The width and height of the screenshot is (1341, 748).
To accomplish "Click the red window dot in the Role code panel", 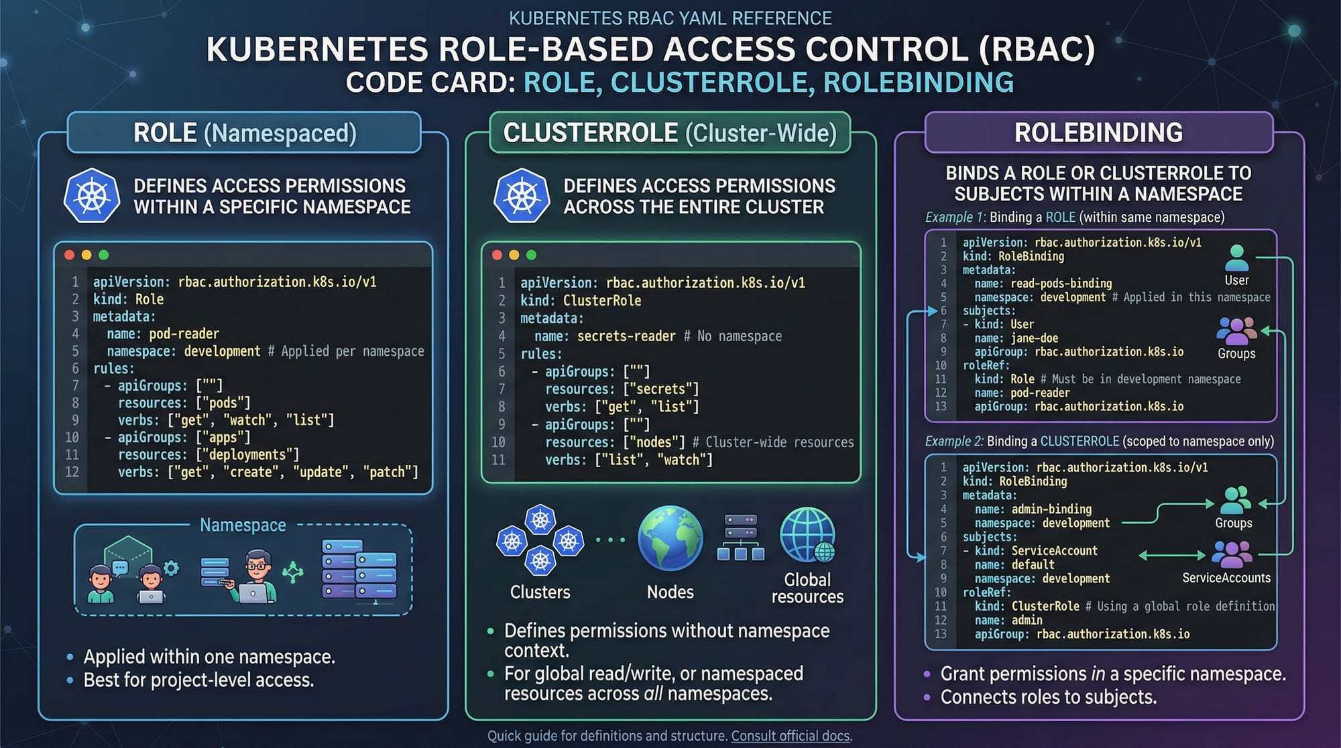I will [69, 255].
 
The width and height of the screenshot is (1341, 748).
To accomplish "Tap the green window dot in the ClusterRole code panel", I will [532, 255].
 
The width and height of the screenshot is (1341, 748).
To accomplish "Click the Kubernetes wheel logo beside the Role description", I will [92, 196].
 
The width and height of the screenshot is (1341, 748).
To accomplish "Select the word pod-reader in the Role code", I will [184, 334].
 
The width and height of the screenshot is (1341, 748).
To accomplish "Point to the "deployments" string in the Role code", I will [249, 454].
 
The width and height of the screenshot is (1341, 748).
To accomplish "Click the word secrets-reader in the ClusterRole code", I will [626, 336].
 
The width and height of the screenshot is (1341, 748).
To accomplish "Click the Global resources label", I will [807, 588].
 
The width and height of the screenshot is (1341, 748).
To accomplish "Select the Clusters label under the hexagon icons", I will [540, 592].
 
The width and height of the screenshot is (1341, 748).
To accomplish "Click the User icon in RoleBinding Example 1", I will [1236, 258].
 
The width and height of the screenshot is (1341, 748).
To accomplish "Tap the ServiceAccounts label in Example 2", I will [1226, 578].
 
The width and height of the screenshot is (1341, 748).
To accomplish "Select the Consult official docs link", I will [791, 736].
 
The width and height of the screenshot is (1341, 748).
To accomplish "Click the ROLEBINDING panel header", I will [1098, 133].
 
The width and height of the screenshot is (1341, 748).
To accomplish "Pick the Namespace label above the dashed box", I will [243, 525].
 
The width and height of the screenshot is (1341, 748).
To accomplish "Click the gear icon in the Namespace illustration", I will [172, 568].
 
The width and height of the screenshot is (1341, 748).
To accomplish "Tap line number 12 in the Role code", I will [72, 472].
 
